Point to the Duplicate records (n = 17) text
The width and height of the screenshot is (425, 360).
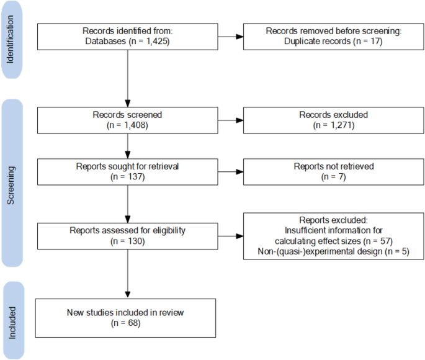pyautogui.click(x=333, y=42)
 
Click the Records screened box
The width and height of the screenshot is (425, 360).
pyautogui.click(x=127, y=120)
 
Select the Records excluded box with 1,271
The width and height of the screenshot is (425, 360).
pyautogui.click(x=333, y=120)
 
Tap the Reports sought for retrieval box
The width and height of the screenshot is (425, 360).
pyautogui.click(x=127, y=171)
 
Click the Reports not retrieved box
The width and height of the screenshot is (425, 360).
pyautogui.click(x=333, y=171)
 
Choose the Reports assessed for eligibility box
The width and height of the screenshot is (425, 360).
pyautogui.click(x=127, y=235)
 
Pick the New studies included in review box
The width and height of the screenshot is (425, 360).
pyautogui.click(x=127, y=318)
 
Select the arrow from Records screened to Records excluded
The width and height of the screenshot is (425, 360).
pyautogui.click(x=230, y=120)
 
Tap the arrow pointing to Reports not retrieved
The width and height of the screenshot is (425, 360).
pyautogui.click(x=230, y=171)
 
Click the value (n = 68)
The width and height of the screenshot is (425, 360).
pyautogui.click(x=127, y=323)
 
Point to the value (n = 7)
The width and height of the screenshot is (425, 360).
pyautogui.click(x=333, y=177)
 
